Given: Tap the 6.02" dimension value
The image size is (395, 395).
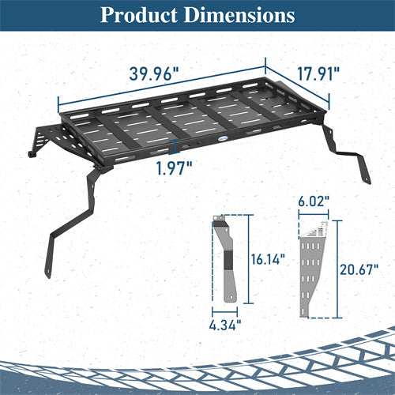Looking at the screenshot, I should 314,204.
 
